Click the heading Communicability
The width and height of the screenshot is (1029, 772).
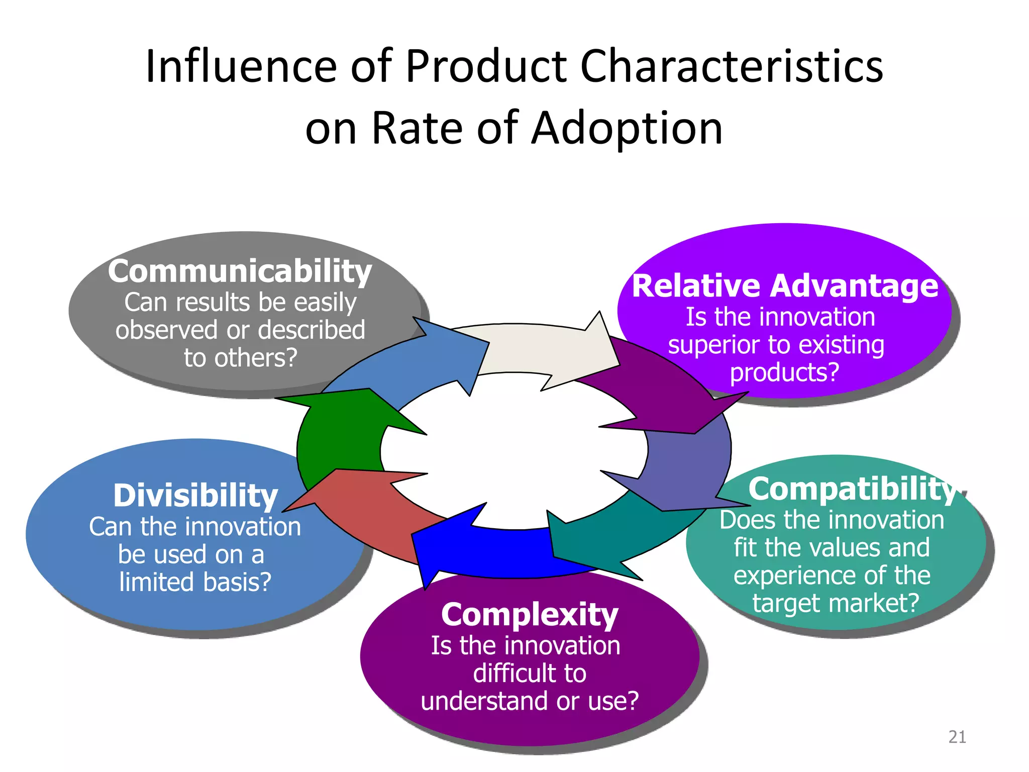coord(240,271)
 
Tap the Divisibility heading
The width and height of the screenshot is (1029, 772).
coord(195,496)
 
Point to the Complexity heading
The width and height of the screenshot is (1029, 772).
coord(530,614)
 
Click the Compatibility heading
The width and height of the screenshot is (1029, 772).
coord(852,489)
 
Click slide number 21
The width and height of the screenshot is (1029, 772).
coord(957,737)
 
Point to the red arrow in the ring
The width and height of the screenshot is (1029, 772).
coord(362,508)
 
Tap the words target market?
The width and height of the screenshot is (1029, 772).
coord(836,603)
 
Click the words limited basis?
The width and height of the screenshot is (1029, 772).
coord(195,582)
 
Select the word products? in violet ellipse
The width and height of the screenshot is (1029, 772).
coord(784,372)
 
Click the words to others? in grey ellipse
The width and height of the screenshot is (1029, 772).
coord(241,358)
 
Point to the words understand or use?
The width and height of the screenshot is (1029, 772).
coord(530,701)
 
